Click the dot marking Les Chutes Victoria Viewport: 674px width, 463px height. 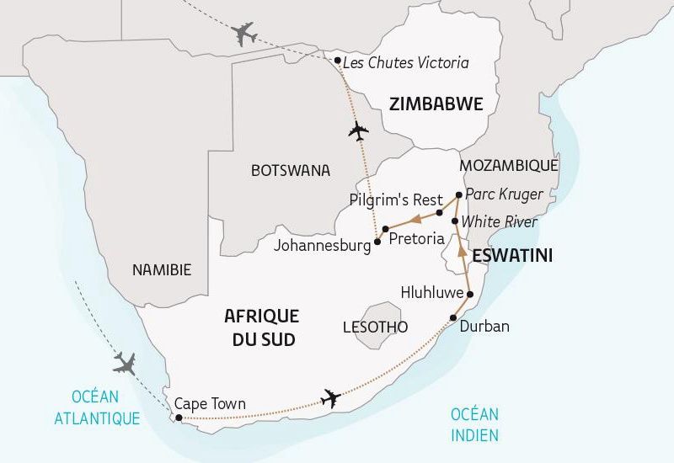(337, 61)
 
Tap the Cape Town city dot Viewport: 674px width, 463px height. (178, 417)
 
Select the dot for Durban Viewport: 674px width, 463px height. (454, 317)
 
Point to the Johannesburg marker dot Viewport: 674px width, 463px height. (377, 242)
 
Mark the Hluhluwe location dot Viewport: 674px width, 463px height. (470, 295)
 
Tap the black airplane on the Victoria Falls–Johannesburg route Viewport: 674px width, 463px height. (359, 131)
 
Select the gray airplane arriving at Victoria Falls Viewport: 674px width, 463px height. (243, 35)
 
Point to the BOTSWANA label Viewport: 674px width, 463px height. (290, 171)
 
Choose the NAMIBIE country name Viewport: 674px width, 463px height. (162, 270)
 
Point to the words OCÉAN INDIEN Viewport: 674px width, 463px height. (474, 424)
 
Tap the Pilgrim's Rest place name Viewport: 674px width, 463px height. (395, 200)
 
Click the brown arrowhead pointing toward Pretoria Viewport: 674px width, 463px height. (415, 220)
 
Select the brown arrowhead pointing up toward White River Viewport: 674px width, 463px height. (460, 250)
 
